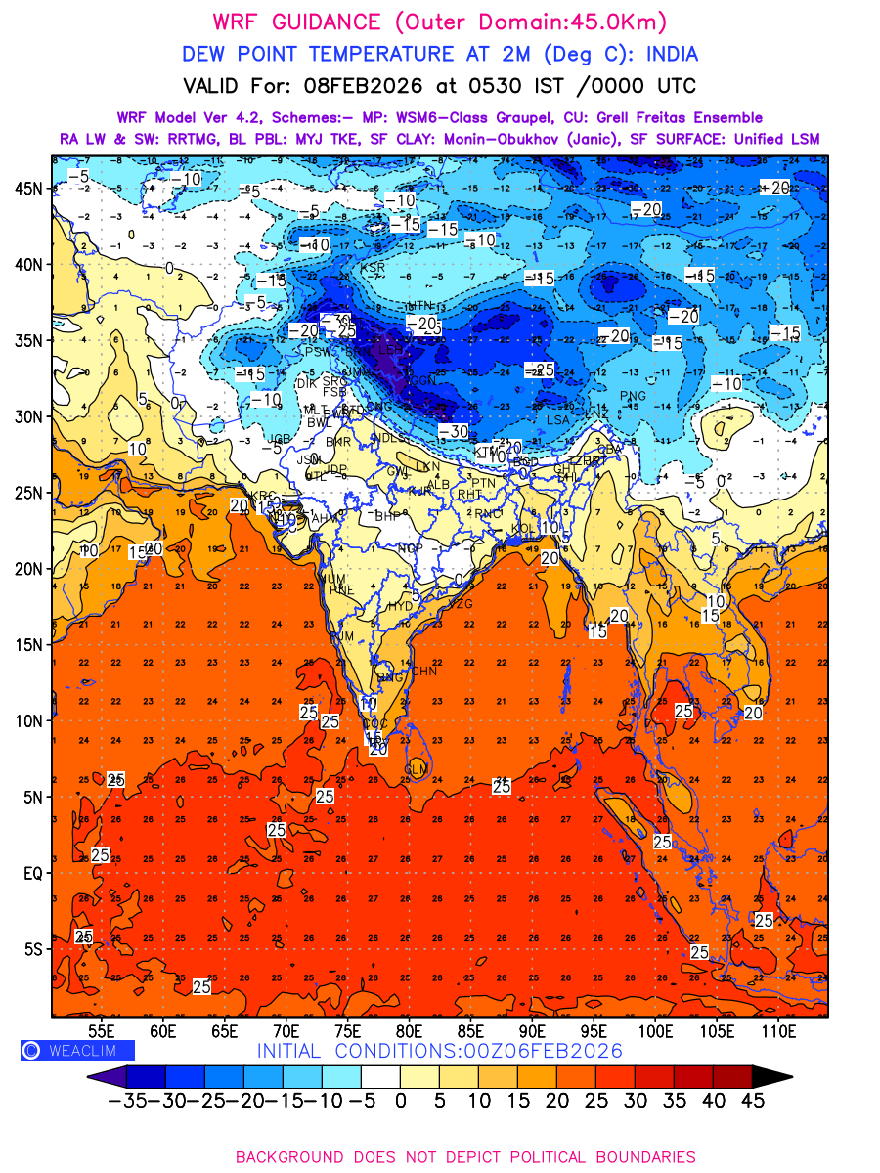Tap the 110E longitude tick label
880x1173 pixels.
coord(779,1030)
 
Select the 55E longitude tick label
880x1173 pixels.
coord(101,1030)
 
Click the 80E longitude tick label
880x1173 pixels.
coord(409,1030)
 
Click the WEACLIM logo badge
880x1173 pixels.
coord(77,1051)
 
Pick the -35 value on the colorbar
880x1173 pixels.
coord(127,1100)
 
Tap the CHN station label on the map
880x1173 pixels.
coord(424,671)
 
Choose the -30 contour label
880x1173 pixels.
coord(454,431)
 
